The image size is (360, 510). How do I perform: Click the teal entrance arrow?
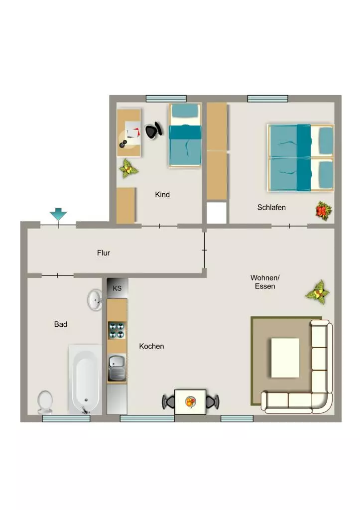58,214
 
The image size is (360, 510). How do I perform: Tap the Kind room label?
162,195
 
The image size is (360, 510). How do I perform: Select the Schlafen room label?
271,207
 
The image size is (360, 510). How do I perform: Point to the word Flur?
104,253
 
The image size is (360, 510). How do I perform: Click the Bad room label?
61,324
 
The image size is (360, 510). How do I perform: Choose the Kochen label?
151,347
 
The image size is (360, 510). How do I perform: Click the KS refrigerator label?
117,288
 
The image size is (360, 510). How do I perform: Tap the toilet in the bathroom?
45,402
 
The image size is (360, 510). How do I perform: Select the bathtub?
85,380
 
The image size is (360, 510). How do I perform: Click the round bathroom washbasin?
95,299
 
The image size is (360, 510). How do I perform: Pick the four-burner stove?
117,330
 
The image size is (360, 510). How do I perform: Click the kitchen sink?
117,368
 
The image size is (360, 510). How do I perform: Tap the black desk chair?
153,130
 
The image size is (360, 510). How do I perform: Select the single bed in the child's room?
185,135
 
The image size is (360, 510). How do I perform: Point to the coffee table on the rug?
285,358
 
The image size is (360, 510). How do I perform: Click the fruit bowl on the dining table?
191,402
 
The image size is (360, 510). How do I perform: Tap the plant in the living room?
317,292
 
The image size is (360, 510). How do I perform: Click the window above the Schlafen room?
268,98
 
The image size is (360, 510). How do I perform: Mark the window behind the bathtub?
66,418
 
